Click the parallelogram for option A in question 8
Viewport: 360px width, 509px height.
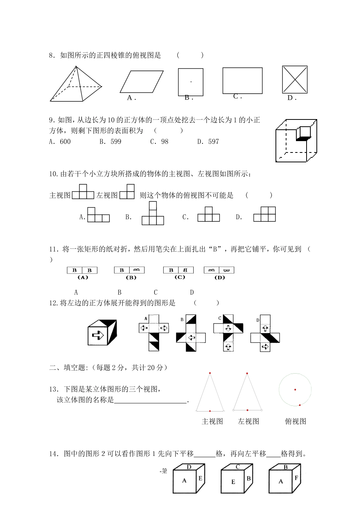click(142, 82)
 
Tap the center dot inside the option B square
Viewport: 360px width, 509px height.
click(191, 82)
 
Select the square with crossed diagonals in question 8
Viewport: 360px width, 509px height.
click(295, 80)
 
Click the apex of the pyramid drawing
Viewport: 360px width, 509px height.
click(77, 67)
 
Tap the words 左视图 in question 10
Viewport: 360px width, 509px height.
click(107, 195)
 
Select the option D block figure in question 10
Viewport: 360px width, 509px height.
click(265, 214)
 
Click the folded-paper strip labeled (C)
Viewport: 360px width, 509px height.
click(178, 270)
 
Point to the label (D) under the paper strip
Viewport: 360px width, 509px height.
click(219, 278)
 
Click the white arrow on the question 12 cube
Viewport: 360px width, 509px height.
click(98, 335)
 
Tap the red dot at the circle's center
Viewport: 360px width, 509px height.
click(295, 390)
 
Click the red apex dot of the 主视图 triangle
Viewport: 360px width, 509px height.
click(209, 373)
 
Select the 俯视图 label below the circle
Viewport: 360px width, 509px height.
click(295, 421)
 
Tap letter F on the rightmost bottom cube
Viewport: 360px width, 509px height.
click(296, 478)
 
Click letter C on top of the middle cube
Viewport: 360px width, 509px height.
click(238, 467)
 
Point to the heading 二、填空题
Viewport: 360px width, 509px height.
click(67, 367)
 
